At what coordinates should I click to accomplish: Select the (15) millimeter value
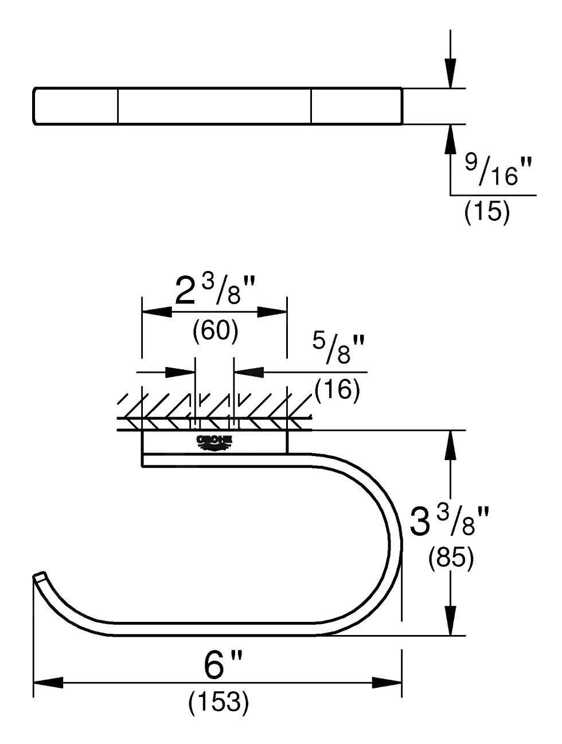coord(486,212)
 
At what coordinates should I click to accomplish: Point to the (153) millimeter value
coord(218,702)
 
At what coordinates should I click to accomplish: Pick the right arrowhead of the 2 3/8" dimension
coord(272,311)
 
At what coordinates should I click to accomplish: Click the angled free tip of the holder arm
coord(39,576)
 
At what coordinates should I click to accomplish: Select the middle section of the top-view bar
coord(214,106)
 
